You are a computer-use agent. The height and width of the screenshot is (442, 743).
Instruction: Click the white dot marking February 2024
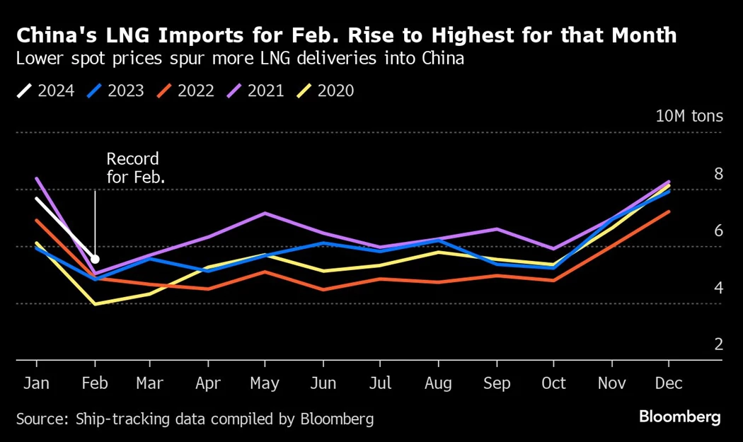tap(95, 260)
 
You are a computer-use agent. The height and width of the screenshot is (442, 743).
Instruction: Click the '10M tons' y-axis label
tap(689, 116)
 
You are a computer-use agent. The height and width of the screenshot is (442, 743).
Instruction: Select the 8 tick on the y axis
tap(718, 173)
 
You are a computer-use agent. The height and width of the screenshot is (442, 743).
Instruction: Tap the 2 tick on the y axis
tap(718, 344)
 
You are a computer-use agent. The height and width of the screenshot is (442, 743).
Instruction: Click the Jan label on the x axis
tap(36, 383)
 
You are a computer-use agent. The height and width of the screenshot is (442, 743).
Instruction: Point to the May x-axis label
tap(265, 383)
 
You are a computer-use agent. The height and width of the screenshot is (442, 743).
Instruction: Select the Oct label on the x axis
tap(553, 383)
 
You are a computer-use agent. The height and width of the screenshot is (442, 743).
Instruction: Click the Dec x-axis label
tap(669, 383)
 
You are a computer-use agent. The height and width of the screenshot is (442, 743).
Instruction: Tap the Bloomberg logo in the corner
tap(680, 417)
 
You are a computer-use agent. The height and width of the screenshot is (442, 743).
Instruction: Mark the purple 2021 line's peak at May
tap(265, 213)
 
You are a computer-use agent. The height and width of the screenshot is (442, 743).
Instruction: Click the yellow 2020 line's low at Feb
tap(95, 304)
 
